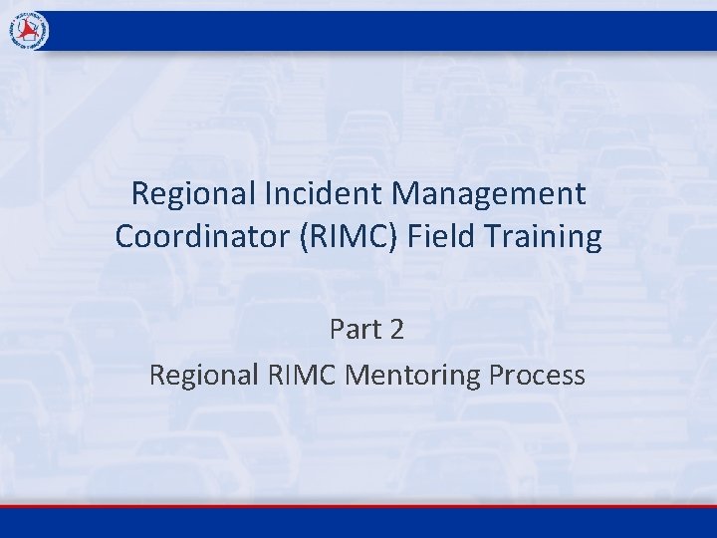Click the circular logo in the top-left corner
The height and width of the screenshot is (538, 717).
pyautogui.click(x=30, y=32)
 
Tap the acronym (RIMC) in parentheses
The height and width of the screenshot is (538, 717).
pyautogui.click(x=345, y=237)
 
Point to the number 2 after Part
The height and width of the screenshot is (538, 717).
pyautogui.click(x=396, y=330)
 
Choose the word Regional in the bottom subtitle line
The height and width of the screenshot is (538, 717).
pyautogui.click(x=204, y=375)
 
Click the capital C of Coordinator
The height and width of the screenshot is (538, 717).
pyautogui.click(x=125, y=237)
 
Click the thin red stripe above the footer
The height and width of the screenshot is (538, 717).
pyautogui.click(x=358, y=506)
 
